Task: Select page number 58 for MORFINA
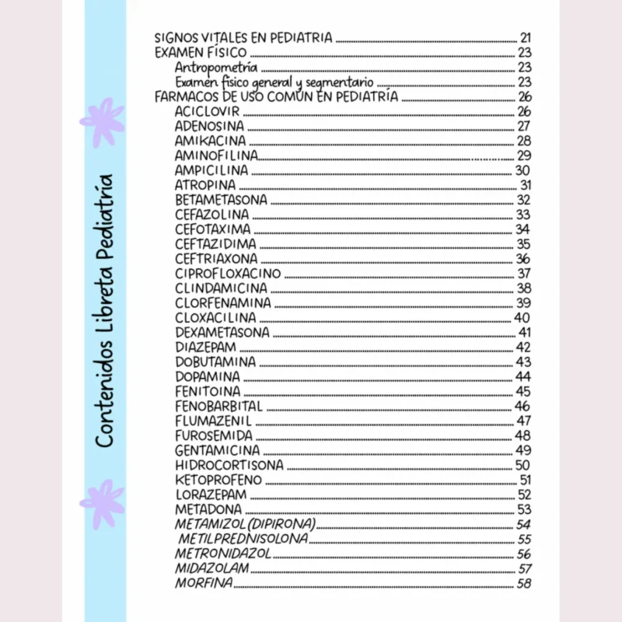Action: coord(524,584)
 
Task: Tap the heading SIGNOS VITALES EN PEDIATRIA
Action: coord(243,37)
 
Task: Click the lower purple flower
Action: coord(101,504)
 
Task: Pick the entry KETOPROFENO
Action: coord(218,480)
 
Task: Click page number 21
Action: coord(525,37)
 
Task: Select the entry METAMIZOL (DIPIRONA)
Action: coord(245,524)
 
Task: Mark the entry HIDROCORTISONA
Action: coord(229,465)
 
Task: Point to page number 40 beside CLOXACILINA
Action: coord(522,317)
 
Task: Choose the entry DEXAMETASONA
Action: coord(222,332)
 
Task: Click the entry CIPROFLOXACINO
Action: coord(228,274)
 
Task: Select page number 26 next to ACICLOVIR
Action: coord(524,111)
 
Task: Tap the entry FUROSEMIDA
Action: coord(213,435)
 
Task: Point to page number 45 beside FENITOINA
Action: coord(523,391)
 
